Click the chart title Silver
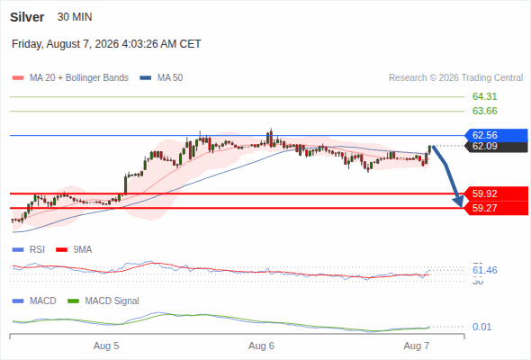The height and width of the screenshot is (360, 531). point(27,17)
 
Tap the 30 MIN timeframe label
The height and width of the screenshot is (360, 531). point(75,17)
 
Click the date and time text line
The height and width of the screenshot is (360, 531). point(106,44)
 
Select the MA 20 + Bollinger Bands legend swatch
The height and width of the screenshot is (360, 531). point(18,78)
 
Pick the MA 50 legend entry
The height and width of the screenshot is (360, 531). point(161,78)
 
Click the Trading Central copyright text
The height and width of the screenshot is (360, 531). point(455,78)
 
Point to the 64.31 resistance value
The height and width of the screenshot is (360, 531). point(484,96)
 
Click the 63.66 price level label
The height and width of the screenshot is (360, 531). point(484,111)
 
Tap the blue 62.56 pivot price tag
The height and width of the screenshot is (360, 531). point(497,135)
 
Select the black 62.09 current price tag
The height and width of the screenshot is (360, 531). point(497,147)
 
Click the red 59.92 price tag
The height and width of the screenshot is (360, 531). point(497,193)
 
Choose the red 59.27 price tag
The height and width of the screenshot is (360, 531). point(497,208)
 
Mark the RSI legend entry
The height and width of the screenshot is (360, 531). point(29,249)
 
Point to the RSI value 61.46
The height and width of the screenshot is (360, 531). point(484,270)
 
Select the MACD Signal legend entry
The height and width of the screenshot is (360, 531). point(103,301)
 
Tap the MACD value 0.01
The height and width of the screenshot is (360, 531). point(481,327)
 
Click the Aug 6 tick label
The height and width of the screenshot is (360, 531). point(261,346)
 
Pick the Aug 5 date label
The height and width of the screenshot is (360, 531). point(106,346)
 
